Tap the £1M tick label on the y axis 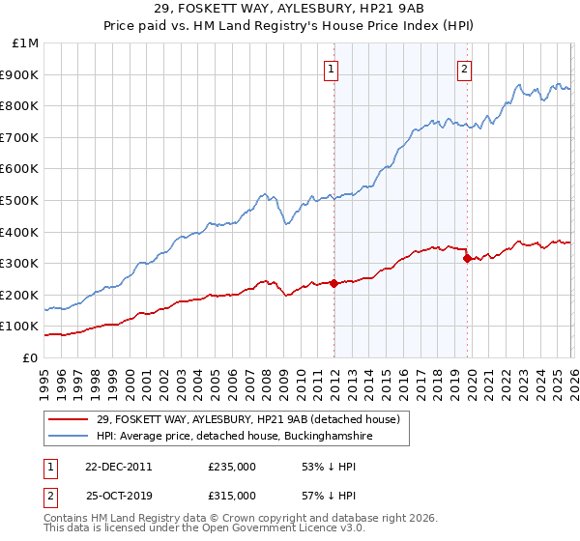tap(26, 43)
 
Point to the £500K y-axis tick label tap(22, 200)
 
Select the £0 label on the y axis tap(31, 357)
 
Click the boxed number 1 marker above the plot tap(332, 68)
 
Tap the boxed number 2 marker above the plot tap(465, 68)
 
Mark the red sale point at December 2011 tap(334, 283)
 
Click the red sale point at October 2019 tap(468, 258)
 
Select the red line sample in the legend tap(69, 418)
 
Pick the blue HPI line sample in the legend tap(69, 437)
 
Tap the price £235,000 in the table tap(231, 467)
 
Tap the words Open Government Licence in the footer tap(274, 529)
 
